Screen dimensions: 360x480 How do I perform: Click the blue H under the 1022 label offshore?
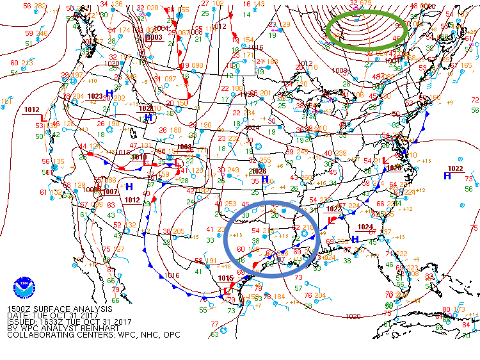(447, 176)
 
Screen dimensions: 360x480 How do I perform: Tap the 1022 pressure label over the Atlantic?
(455, 168)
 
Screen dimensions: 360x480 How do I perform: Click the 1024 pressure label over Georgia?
(365, 227)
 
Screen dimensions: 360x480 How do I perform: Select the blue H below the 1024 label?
(355, 239)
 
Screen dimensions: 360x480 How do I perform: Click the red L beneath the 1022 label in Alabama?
(331, 220)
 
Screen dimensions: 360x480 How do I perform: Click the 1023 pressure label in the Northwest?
(95, 96)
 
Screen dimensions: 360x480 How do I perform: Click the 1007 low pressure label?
(109, 192)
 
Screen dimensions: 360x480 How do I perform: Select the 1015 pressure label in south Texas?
(225, 278)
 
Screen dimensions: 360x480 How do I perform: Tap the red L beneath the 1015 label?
(227, 290)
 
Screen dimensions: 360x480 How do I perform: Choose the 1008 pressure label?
(184, 147)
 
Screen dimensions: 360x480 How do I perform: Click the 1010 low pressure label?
(139, 156)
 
